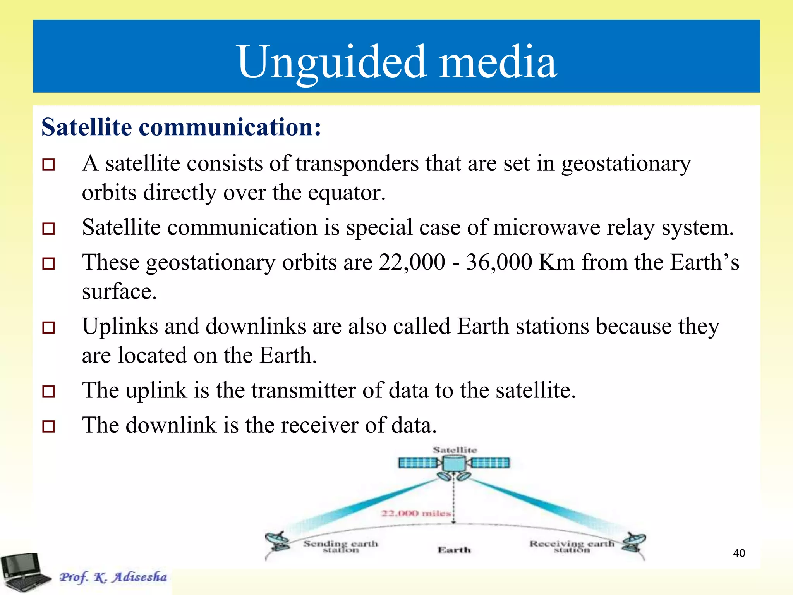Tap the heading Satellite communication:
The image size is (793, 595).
(181, 127)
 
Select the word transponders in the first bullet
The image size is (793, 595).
(357, 163)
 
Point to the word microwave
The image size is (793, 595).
(546, 227)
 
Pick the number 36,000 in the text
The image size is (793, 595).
(499, 262)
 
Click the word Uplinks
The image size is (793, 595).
(120, 326)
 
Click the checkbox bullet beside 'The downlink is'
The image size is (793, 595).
(48, 426)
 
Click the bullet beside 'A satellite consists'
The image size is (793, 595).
(48, 165)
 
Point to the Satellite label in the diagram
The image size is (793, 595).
(455, 450)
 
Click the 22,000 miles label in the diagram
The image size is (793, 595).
(416, 513)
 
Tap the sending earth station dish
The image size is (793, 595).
(278, 541)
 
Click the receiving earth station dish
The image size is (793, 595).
(633, 542)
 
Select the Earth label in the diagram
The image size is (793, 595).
(454, 550)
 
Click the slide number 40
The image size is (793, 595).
(739, 553)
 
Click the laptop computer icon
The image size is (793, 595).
(24, 572)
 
